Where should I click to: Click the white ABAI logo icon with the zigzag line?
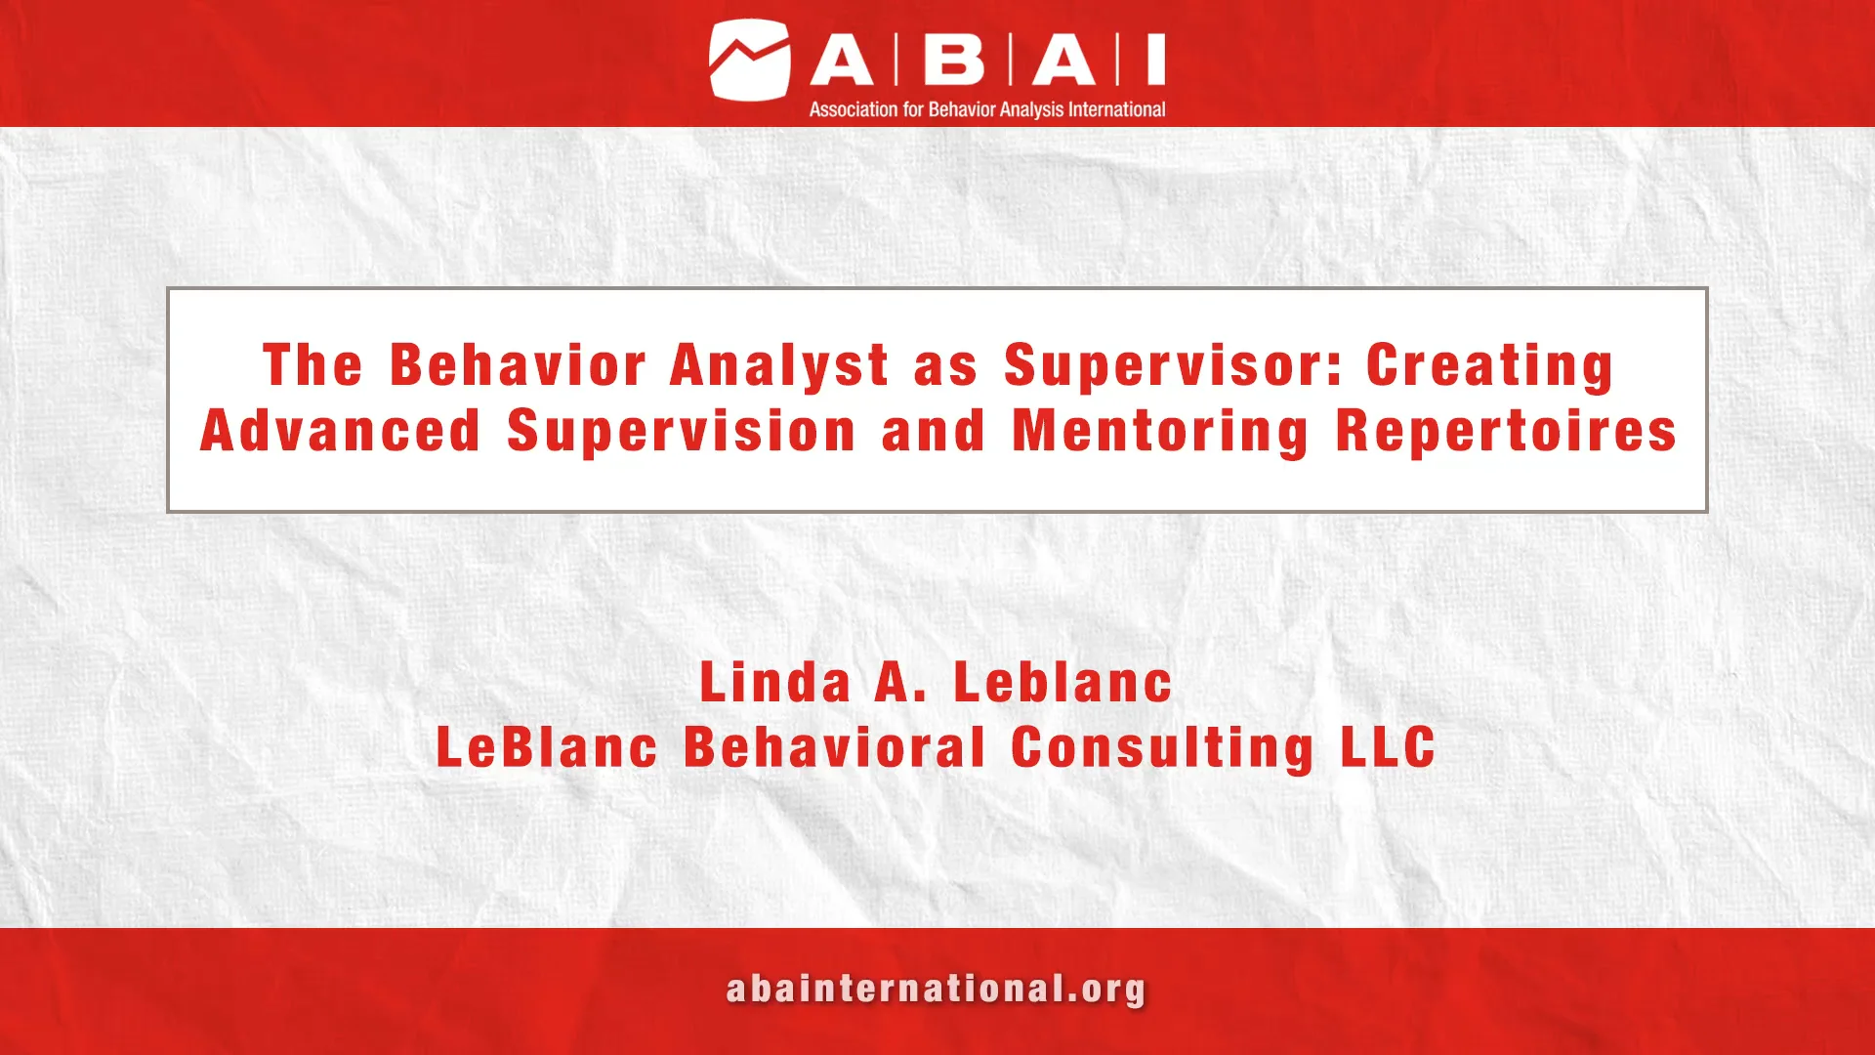tap(749, 61)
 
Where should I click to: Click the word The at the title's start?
tap(312, 365)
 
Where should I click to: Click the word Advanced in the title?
tap(341, 431)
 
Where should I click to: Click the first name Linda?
tap(775, 682)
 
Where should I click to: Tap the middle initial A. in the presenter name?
tap(900, 682)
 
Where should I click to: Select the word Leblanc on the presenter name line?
tap(1062, 682)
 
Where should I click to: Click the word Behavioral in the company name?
tap(835, 747)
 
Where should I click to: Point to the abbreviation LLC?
tap(1388, 747)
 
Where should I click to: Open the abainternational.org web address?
tap(936, 990)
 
